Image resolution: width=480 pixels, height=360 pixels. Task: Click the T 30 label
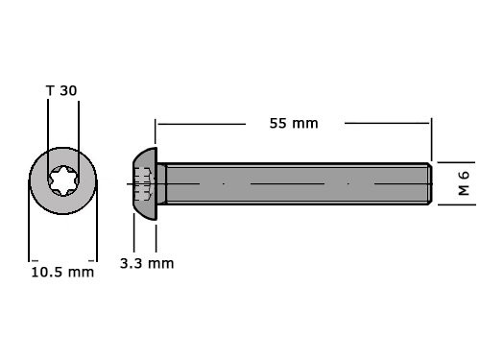point(62,90)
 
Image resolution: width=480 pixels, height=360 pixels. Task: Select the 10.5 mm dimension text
point(62,272)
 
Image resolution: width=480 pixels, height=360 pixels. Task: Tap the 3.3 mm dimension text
point(147,262)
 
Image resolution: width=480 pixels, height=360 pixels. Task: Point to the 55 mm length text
point(294,123)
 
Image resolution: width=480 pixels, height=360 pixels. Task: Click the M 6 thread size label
point(463,182)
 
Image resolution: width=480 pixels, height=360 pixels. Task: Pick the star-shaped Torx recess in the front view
point(63,181)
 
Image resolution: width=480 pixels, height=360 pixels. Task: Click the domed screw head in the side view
point(145,182)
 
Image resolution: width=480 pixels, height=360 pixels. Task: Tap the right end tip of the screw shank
point(428,182)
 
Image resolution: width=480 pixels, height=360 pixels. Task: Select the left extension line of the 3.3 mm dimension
point(133,230)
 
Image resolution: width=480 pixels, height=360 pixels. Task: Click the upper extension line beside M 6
point(453,162)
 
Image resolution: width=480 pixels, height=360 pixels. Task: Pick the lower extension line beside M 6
point(453,204)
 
